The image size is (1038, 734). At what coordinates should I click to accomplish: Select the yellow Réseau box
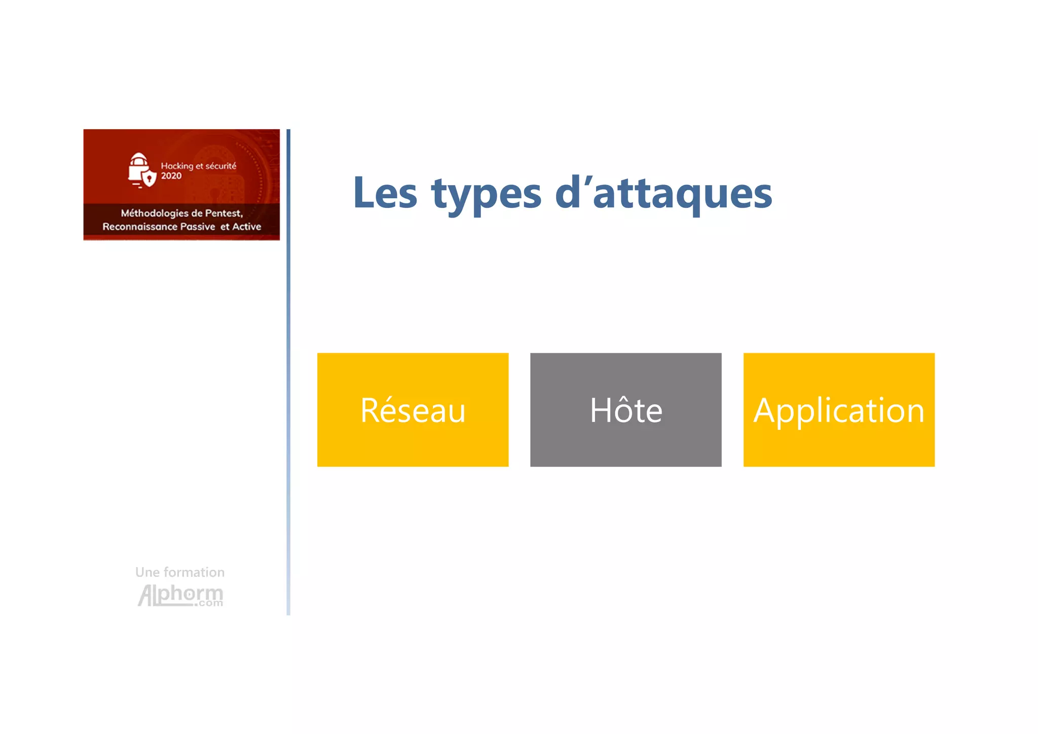coord(413,410)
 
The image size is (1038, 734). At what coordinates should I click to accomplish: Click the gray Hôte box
coord(625,410)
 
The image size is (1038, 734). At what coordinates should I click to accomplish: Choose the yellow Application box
coord(838,410)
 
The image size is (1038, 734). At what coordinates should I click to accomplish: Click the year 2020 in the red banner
coord(171,176)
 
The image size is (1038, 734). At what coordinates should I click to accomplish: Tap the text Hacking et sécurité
coord(198,166)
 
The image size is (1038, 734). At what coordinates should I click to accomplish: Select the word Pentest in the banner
coord(223,213)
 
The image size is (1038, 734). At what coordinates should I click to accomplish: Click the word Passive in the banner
coord(198,227)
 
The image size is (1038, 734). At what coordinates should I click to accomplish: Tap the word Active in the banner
coord(246,227)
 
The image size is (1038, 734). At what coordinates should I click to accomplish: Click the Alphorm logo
coord(180,595)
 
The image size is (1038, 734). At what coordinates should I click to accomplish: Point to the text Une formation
coord(179,572)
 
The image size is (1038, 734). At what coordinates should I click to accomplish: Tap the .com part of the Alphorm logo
coord(209,603)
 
